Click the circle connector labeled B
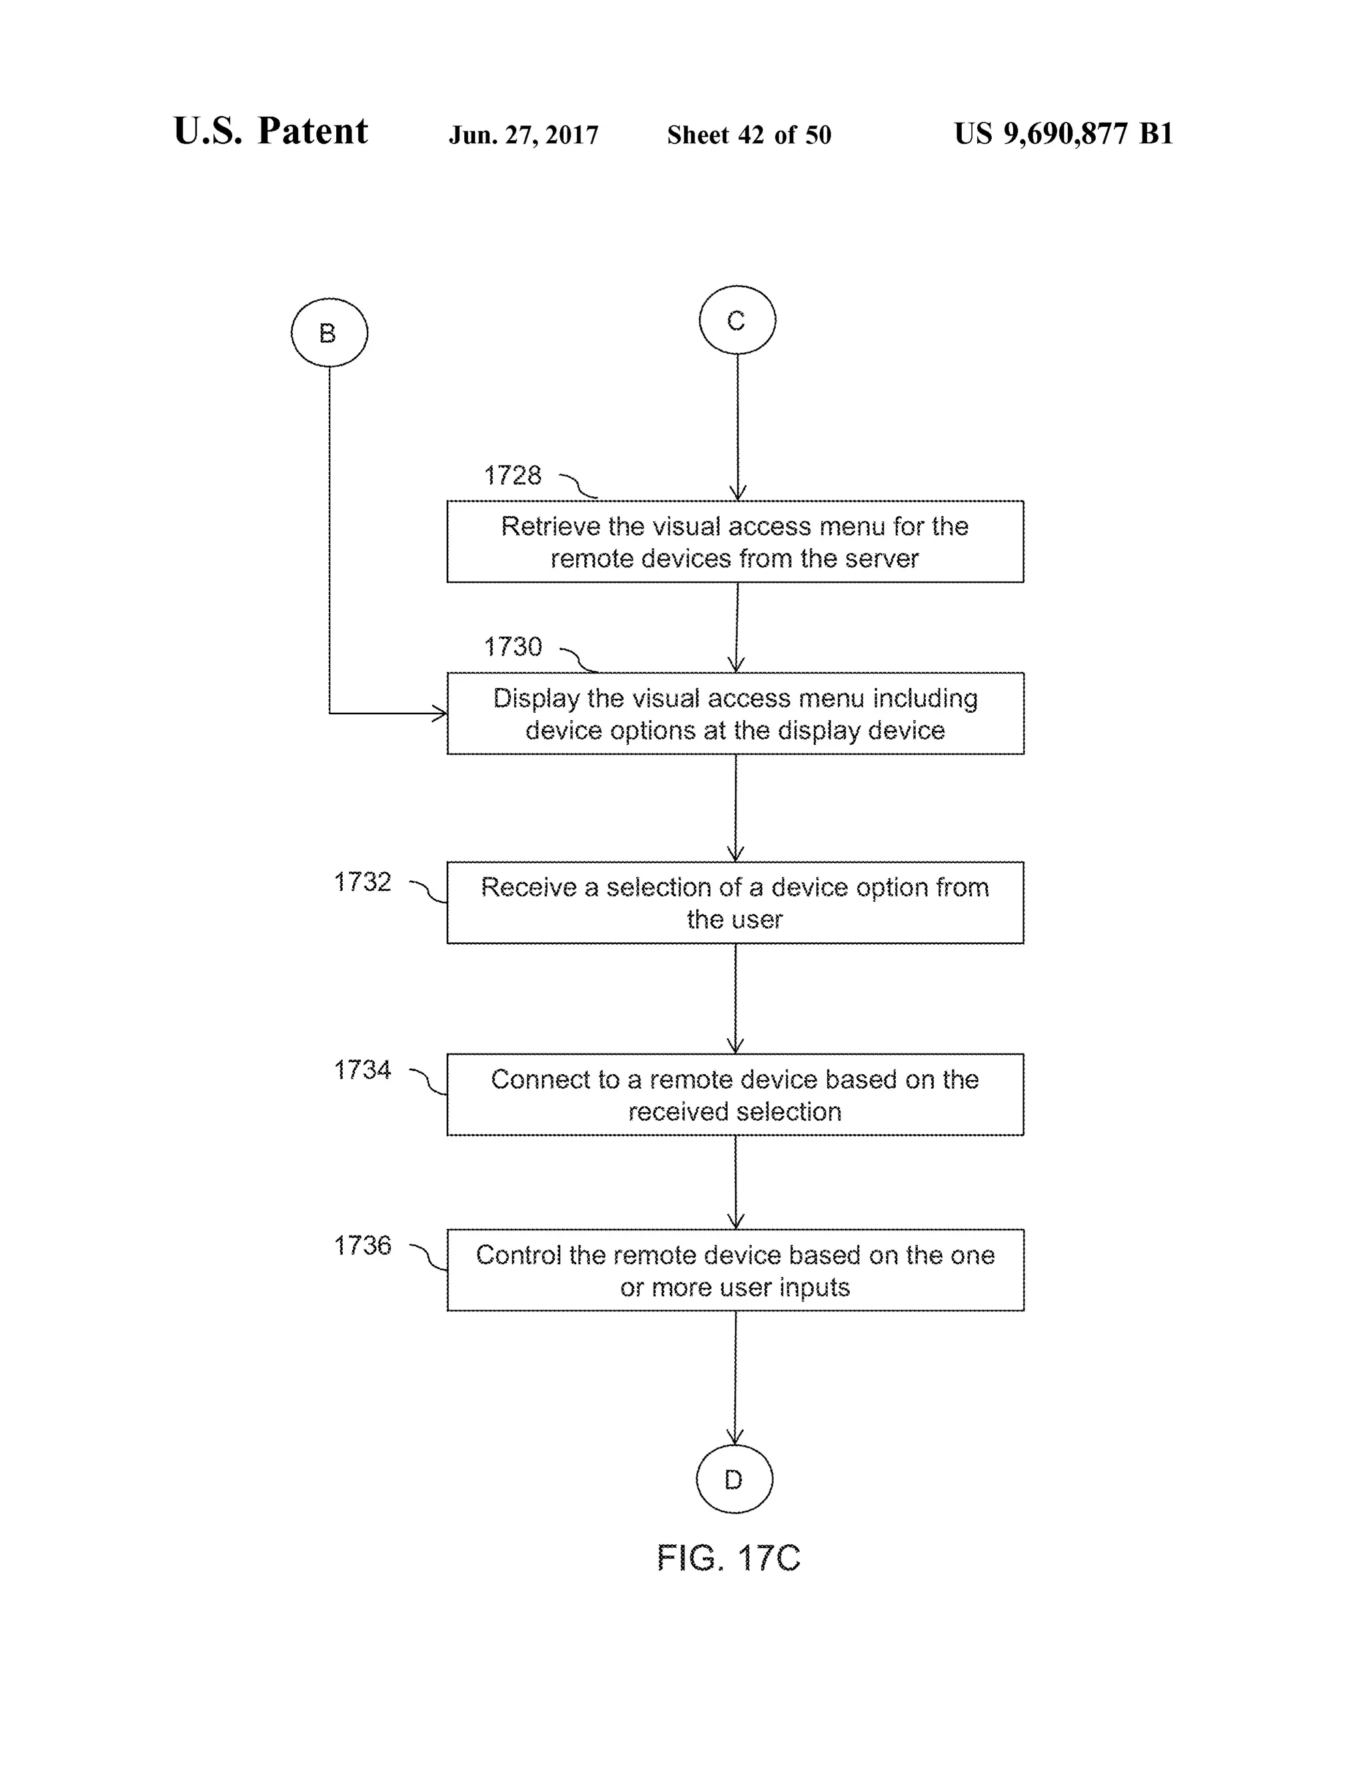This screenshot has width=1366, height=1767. click(x=329, y=333)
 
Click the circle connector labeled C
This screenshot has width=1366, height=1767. click(x=737, y=320)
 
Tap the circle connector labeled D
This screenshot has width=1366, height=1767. click(x=734, y=1480)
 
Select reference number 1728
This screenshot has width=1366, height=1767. click(x=512, y=475)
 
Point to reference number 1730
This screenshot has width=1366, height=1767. click(x=512, y=647)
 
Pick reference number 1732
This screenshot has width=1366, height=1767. click(x=363, y=882)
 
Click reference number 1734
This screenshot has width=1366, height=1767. click(x=363, y=1070)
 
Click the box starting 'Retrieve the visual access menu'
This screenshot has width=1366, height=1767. click(x=735, y=542)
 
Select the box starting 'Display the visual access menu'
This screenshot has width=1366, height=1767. click(x=735, y=713)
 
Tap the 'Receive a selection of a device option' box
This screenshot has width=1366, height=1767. click(x=735, y=903)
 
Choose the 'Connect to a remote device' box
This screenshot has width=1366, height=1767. click(x=735, y=1095)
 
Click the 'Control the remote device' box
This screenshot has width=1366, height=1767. click(x=735, y=1270)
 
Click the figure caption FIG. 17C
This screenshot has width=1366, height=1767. click(x=728, y=1558)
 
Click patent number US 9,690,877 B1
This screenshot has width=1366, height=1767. click(x=1063, y=133)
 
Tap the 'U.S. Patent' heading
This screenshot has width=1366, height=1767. click(x=270, y=131)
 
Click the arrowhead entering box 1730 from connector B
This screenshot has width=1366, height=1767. click(x=440, y=713)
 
